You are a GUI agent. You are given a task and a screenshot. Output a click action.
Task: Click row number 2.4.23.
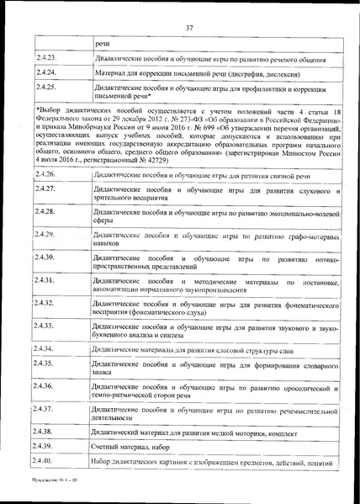[47, 58]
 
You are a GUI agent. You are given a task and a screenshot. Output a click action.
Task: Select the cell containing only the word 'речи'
[103, 41]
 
